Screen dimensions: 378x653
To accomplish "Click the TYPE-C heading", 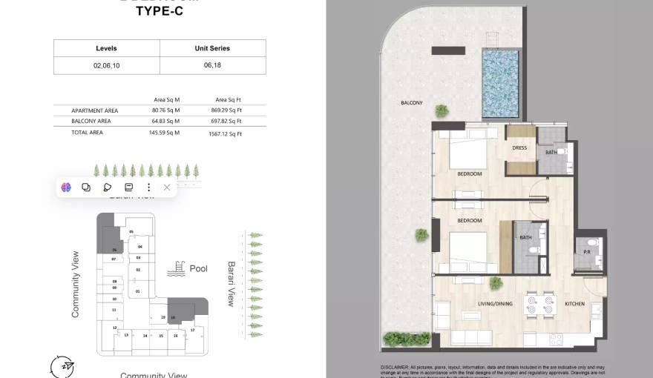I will [160, 11].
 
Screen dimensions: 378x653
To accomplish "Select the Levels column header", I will [106, 48].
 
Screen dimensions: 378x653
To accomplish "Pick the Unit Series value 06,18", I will [212, 66].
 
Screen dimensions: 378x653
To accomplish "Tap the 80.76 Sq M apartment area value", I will [166, 110].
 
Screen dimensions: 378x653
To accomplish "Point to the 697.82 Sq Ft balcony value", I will [228, 121].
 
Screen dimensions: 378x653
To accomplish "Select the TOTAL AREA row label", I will [87, 133].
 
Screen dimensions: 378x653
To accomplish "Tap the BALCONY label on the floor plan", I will [412, 103].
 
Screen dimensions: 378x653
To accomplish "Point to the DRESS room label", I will [519, 147].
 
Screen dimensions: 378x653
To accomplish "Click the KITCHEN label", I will [574, 304].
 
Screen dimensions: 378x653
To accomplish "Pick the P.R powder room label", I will [586, 252].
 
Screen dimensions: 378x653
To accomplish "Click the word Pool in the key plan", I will [198, 269].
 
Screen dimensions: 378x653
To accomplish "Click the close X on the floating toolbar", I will [167, 188].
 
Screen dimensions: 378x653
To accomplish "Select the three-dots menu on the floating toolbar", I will [148, 188].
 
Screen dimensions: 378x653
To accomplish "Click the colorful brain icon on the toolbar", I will [66, 188].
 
